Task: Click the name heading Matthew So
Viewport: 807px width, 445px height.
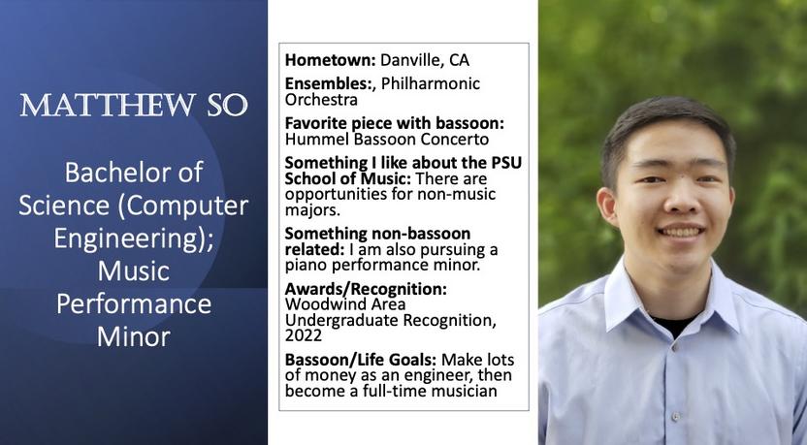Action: point(134,105)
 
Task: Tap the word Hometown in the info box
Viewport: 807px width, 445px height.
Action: point(331,60)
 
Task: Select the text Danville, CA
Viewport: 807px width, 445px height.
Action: point(425,60)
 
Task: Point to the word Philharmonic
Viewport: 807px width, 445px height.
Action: point(431,83)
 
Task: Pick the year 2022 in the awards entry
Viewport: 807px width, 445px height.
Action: point(304,335)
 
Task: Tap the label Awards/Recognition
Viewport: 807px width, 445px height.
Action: point(366,289)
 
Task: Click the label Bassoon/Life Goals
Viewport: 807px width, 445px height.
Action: point(361,360)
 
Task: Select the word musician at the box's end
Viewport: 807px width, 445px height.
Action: point(465,391)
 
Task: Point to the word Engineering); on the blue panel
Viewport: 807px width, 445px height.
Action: point(134,238)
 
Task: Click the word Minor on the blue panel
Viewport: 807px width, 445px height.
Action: point(134,337)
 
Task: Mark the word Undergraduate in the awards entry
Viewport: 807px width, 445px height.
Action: point(341,321)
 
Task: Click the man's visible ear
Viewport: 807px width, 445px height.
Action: point(608,206)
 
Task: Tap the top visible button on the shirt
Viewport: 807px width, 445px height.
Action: point(675,348)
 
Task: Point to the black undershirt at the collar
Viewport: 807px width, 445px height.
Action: point(674,325)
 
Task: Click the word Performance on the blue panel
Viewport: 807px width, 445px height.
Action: point(134,304)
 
